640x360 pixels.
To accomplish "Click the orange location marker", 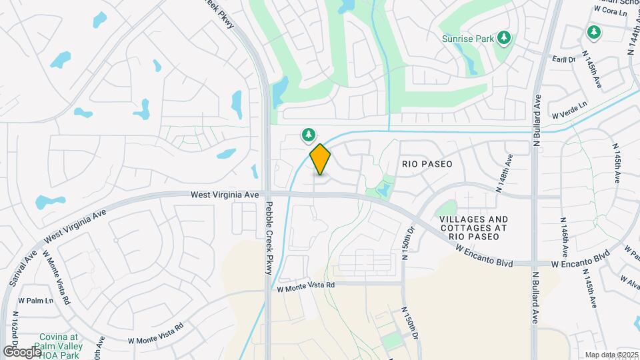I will coord(320,159).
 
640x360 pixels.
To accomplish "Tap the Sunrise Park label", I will coord(468,39).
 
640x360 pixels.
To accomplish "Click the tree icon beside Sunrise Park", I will coord(505,37).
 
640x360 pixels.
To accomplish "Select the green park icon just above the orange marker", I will coord(308,135).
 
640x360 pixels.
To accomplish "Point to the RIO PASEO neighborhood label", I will coord(427,163).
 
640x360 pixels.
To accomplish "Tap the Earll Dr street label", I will coord(564,59).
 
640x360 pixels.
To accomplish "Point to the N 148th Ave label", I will coord(504,173).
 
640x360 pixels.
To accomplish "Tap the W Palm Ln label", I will coord(36,300).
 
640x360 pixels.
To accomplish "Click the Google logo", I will coord(22,351).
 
